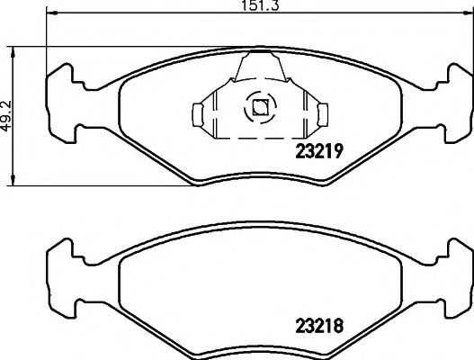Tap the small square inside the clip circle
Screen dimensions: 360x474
click(258, 108)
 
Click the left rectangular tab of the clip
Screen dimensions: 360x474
click(201, 113)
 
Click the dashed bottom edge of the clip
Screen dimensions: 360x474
click(259, 138)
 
